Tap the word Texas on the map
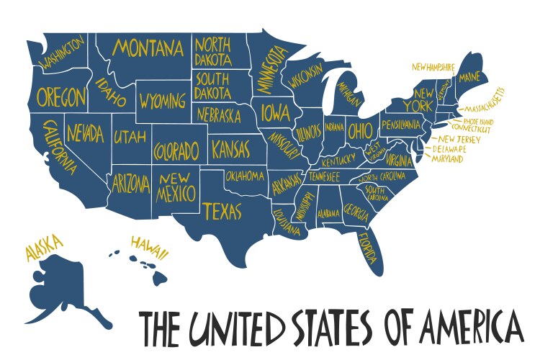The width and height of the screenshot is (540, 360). point(222,210)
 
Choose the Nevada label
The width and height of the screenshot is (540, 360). point(86,133)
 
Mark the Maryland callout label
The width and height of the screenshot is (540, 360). point(447,159)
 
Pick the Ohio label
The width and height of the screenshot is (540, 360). point(358,131)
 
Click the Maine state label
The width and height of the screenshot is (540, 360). point(469,76)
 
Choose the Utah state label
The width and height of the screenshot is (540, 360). point(130,135)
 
